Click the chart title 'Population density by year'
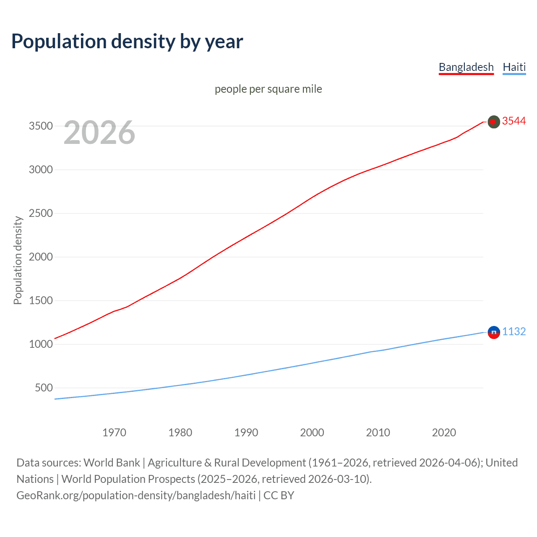click(x=127, y=42)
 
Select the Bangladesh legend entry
click(x=466, y=67)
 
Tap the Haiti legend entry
click(x=514, y=67)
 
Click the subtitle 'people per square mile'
click(x=268, y=89)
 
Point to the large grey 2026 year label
click(x=99, y=133)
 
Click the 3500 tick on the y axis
click(x=41, y=126)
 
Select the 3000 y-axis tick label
click(x=41, y=170)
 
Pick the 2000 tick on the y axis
click(x=41, y=257)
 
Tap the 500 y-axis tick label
click(x=44, y=388)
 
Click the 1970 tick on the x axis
click(x=114, y=433)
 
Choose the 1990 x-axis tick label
click(x=246, y=433)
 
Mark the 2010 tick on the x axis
click(x=378, y=433)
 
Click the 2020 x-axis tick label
click(x=444, y=433)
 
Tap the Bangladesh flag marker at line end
click(x=494, y=122)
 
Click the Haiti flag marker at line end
click(x=494, y=332)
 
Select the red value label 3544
click(x=514, y=121)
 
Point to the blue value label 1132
click(x=514, y=332)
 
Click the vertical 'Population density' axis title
click(x=18, y=260)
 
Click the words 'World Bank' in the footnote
click(x=112, y=463)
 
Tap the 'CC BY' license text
click(x=279, y=495)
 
